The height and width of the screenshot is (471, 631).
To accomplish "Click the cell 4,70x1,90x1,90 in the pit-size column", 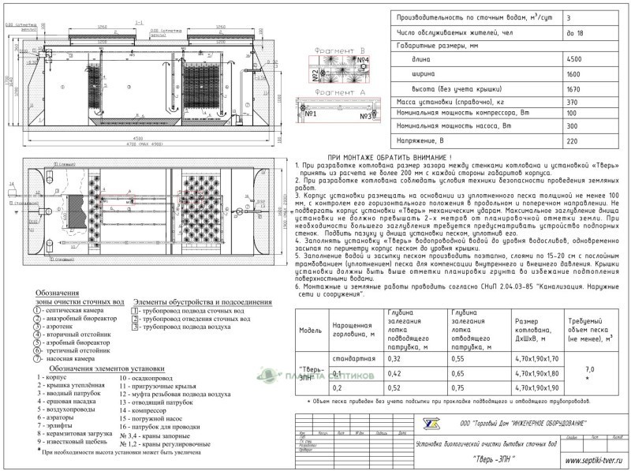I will pos(536,387).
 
